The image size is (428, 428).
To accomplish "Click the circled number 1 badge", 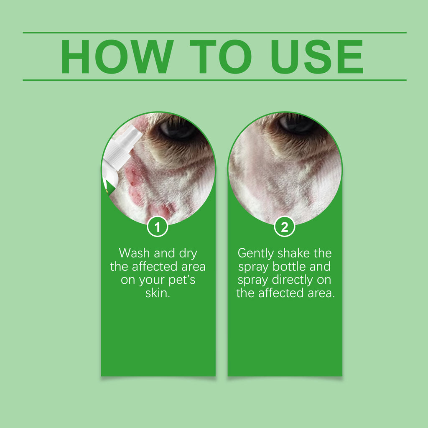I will point(158,228).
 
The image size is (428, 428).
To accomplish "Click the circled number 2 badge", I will point(285,228).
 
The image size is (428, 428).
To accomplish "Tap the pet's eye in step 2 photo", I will point(297,123).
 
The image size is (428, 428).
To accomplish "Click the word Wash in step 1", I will point(135,253).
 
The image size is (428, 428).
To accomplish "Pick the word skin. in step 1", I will point(158,293).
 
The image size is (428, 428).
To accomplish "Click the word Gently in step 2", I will point(255,254).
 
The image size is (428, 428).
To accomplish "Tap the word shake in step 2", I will point(295,253).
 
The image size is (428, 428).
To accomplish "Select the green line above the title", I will point(214,32).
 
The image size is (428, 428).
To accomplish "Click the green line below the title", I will point(214,80).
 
